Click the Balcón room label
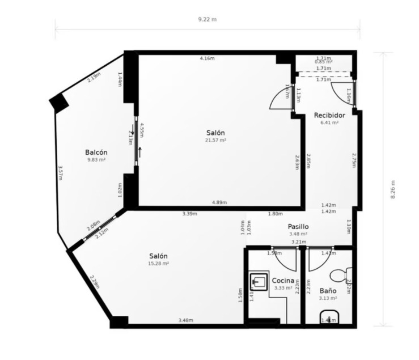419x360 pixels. (96, 152)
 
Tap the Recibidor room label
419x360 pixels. (329, 115)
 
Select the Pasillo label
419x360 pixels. (297, 226)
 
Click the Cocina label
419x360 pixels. (282, 281)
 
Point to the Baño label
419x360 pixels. (328, 290)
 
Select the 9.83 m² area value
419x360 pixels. (96, 160)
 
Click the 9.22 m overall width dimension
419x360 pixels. (207, 19)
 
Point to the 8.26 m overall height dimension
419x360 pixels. (392, 189)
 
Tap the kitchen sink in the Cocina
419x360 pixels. (259, 281)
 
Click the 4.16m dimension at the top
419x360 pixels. (207, 58)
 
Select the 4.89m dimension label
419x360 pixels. (219, 202)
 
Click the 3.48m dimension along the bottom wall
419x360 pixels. (185, 320)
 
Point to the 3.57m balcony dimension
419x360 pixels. (61, 173)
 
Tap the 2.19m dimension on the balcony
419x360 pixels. (94, 77)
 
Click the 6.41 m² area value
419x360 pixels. (329, 122)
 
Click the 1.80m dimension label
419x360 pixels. (275, 214)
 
